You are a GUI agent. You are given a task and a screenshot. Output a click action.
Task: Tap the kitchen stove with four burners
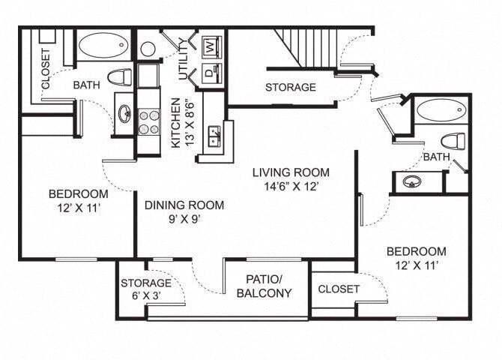point(148,121)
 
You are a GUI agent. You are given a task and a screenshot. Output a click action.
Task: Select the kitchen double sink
point(216,136)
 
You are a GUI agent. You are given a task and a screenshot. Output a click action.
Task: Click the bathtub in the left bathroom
point(103,46)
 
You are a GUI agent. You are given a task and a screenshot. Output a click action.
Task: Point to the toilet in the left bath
point(119,76)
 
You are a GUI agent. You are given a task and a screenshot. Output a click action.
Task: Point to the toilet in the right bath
point(453,141)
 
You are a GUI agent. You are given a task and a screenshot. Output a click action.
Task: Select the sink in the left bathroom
point(124,114)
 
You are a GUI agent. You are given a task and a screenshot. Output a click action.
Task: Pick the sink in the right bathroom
point(411,181)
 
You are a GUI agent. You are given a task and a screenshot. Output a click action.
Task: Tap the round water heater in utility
point(148,49)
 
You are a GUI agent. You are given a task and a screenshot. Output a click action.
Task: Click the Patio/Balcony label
point(264,286)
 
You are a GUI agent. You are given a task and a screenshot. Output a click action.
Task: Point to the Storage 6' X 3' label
point(146,289)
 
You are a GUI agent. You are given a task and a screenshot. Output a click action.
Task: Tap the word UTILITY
point(183,60)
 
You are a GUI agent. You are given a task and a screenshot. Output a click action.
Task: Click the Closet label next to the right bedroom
point(339,289)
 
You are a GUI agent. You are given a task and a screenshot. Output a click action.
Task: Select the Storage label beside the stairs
point(291,88)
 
